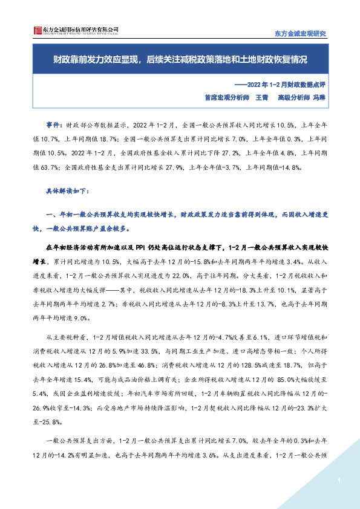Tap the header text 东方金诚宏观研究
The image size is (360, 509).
click(x=301, y=33)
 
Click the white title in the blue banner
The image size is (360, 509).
click(x=180, y=60)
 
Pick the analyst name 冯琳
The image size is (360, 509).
click(x=319, y=96)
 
